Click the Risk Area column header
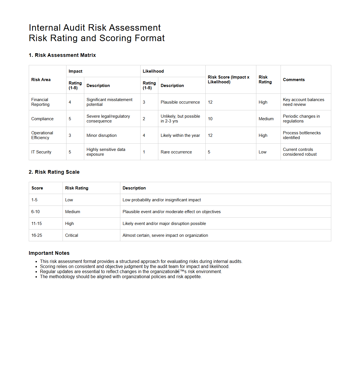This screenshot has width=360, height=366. pyautogui.click(x=41, y=80)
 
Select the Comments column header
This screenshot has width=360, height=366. pyautogui.click(x=294, y=80)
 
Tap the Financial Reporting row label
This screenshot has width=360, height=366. pyautogui.click(x=40, y=102)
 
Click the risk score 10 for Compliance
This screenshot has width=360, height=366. pyautogui.click(x=210, y=119)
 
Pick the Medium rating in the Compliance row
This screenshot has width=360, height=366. pyautogui.click(x=266, y=119)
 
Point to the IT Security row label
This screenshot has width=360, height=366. pyautogui.click(x=41, y=152)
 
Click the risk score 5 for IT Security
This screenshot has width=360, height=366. pyautogui.click(x=209, y=152)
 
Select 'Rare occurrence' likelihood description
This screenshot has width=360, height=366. pyautogui.click(x=176, y=152)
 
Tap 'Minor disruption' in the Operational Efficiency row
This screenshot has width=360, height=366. pyautogui.click(x=101, y=135)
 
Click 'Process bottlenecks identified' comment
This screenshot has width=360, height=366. pyautogui.click(x=301, y=135)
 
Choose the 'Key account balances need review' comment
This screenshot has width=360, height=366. pyautogui.click(x=303, y=102)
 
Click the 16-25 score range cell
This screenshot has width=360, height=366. pyautogui.click(x=37, y=235)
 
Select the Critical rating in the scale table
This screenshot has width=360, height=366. pyautogui.click(x=72, y=235)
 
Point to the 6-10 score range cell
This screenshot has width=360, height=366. pyautogui.click(x=35, y=212)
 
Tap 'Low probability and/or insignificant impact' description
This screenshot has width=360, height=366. pyautogui.click(x=162, y=200)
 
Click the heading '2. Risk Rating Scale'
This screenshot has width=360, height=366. pyautogui.click(x=54, y=172)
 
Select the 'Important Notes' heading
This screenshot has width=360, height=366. pyautogui.click(x=49, y=253)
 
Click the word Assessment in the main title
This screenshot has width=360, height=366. pyautogui.click(x=135, y=28)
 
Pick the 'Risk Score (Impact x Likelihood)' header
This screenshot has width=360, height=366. pyautogui.click(x=228, y=79)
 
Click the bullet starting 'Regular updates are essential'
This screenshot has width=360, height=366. pyautogui.click(x=131, y=272)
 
